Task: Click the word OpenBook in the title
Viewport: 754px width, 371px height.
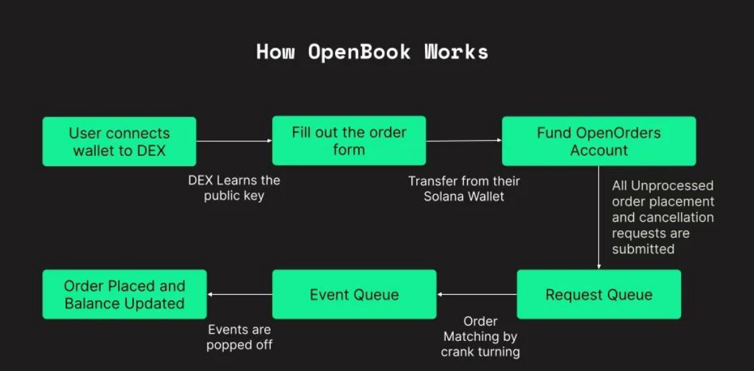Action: click(359, 52)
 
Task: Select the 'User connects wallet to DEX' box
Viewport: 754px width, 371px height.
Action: click(119, 141)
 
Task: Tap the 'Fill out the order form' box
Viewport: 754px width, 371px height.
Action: click(349, 141)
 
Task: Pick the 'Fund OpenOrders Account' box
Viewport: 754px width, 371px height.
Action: click(599, 141)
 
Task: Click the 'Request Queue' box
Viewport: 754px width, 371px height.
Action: click(599, 294)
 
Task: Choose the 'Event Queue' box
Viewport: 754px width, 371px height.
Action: click(355, 294)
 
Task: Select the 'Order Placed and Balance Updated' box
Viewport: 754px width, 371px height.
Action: click(125, 294)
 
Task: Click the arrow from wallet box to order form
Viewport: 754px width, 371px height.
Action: click(234, 141)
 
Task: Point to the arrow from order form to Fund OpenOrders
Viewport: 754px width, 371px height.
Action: click(464, 141)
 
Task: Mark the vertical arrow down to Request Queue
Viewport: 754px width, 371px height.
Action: click(599, 218)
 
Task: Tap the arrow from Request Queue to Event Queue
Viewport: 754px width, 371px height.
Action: click(477, 294)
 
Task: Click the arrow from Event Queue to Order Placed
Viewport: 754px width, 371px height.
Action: click(239, 294)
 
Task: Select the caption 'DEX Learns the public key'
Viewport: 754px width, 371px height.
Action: click(234, 188)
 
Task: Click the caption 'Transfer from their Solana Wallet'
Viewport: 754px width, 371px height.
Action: click(464, 188)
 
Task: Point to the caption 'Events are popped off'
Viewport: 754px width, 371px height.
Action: click(239, 338)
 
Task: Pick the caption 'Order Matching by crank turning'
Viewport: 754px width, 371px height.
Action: click(481, 336)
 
